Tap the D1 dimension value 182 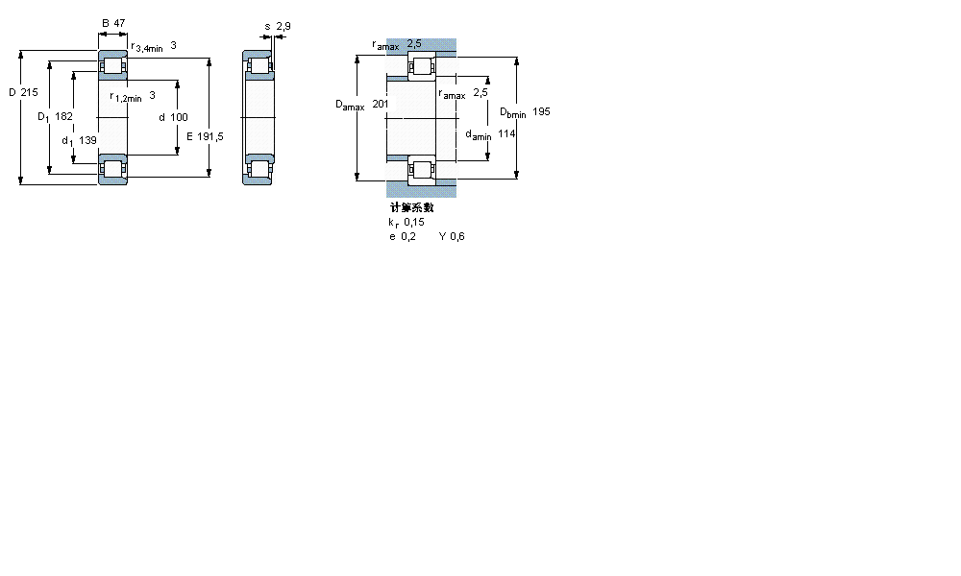coord(63,116)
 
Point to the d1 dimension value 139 coord(87,140)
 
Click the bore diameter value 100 coord(179,117)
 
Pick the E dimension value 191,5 coord(209,136)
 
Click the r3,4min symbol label coord(147,46)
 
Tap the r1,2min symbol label coord(126,96)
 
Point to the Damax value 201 coord(381,104)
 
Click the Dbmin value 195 coord(541,112)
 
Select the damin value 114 coord(506,134)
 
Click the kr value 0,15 coord(414,222)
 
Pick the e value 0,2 coord(408,236)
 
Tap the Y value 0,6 coord(456,236)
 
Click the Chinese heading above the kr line coord(411,207)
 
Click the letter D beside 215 coord(12,92)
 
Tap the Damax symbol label coord(350,106)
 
